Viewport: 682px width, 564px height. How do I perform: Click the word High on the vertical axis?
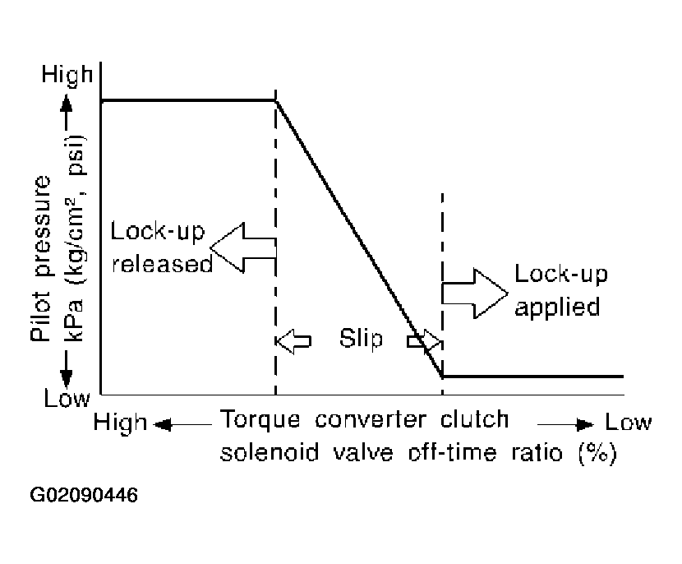67,76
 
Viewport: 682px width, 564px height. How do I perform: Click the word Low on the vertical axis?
67,400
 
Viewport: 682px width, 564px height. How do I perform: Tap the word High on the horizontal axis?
120,423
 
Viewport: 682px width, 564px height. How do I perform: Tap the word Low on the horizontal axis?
629,423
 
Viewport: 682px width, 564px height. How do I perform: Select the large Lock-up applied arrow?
475,293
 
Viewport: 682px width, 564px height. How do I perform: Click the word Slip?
361,340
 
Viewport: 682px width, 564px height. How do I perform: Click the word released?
162,265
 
